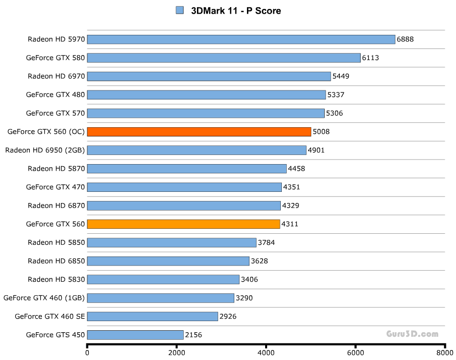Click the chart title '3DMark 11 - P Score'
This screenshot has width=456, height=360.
click(235, 11)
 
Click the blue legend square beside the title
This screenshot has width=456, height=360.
click(179, 10)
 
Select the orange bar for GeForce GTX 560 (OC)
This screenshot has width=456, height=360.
click(199, 132)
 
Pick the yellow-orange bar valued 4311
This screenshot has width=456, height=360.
click(183, 224)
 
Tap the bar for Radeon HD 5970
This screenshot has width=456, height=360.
click(241, 39)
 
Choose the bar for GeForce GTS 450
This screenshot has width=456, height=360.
click(135, 335)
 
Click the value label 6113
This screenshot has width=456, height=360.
click(370, 58)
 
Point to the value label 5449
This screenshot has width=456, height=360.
click(341, 76)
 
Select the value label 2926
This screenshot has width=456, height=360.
click(228, 317)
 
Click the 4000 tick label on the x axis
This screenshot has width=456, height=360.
click(266, 353)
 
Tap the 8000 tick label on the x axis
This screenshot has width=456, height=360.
click(444, 353)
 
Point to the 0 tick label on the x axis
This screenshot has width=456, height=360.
click(87, 353)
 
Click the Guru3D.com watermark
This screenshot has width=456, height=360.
click(412, 334)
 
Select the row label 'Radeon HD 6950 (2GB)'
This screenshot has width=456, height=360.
click(45, 150)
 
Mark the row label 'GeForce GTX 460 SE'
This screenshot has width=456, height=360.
click(49, 317)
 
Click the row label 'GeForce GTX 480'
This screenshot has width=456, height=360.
click(56, 94)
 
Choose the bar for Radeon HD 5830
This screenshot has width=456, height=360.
click(163, 279)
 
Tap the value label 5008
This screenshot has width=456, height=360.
click(322, 132)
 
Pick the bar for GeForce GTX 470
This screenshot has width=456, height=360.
click(184, 187)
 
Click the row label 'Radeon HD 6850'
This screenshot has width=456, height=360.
click(57, 261)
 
